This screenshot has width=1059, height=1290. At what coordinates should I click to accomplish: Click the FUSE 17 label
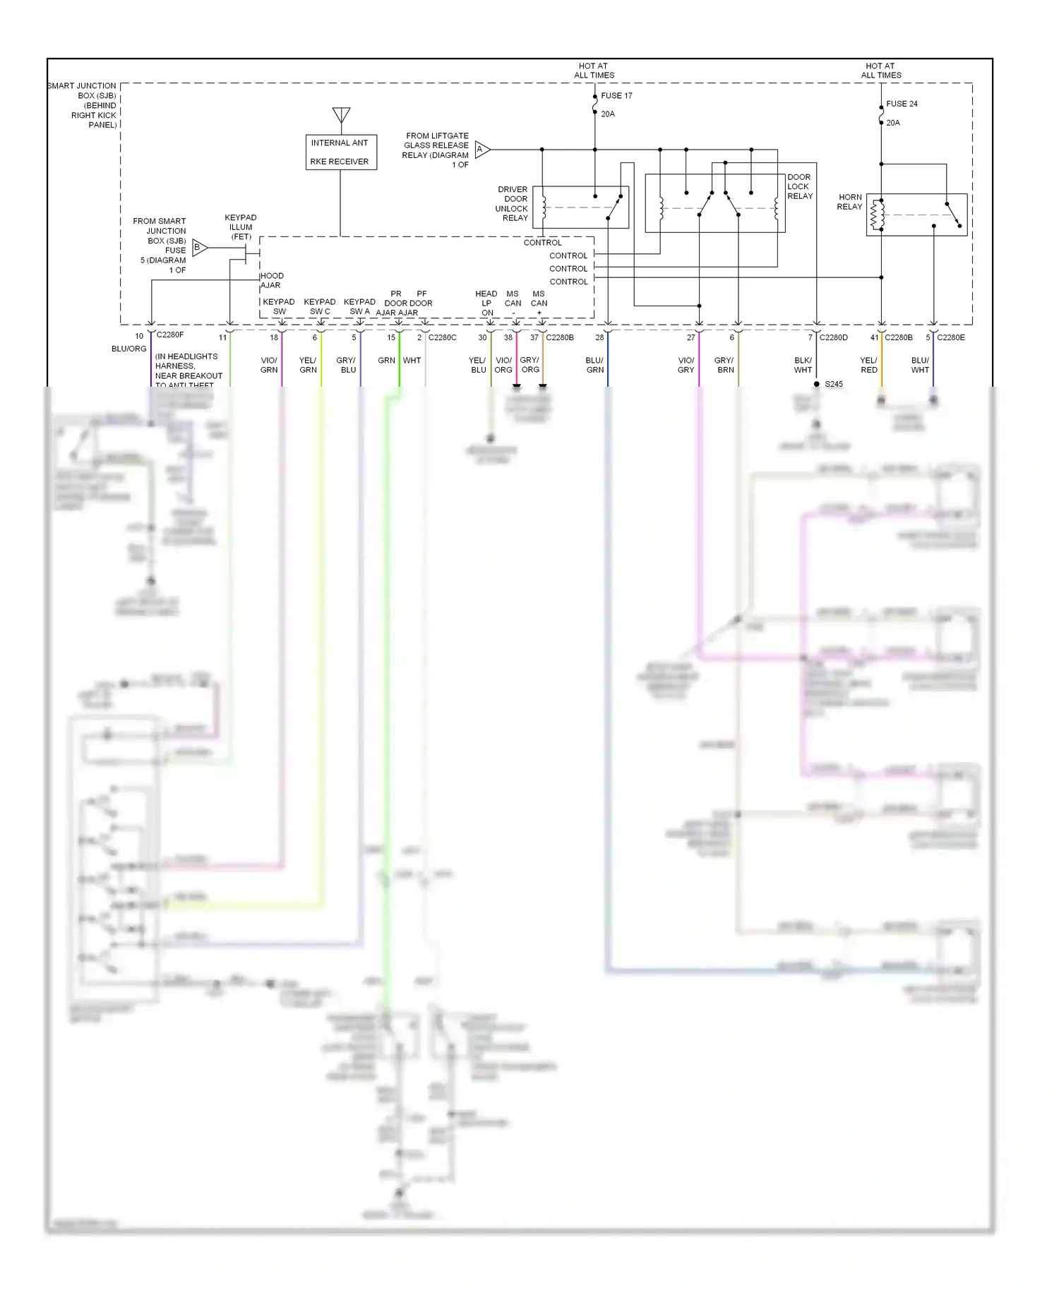coord(616,96)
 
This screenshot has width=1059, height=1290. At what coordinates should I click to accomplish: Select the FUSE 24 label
coord(902,104)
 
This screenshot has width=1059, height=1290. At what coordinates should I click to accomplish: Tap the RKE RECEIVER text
coord(339,162)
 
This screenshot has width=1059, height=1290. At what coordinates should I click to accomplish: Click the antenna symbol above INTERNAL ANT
coord(341,115)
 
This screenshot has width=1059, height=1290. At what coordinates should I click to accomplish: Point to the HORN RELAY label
coord(850,202)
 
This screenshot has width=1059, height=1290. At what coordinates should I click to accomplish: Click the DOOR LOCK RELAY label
coord(799,187)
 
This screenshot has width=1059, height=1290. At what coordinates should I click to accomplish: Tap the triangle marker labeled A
coord(481,150)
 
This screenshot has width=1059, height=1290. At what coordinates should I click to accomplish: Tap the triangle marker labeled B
coord(198,248)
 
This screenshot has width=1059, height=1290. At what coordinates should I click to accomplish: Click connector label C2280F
coord(170,335)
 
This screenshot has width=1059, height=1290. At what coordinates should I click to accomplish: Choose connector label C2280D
coord(833,337)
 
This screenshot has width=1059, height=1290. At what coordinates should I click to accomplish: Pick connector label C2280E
coord(950,337)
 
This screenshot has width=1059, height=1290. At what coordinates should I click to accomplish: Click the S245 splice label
coord(833,385)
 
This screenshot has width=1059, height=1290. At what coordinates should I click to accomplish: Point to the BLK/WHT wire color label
coord(803,365)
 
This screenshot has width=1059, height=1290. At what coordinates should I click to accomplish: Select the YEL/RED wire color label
coord(868,365)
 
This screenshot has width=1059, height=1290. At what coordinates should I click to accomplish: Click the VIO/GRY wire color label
coord(686,365)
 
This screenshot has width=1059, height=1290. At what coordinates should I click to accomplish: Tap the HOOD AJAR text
coord(271,281)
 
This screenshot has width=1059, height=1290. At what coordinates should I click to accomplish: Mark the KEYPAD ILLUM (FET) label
coord(241,227)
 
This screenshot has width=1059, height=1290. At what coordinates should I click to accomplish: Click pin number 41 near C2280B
coord(874,337)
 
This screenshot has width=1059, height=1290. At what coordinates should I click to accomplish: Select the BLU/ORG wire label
coord(128,349)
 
